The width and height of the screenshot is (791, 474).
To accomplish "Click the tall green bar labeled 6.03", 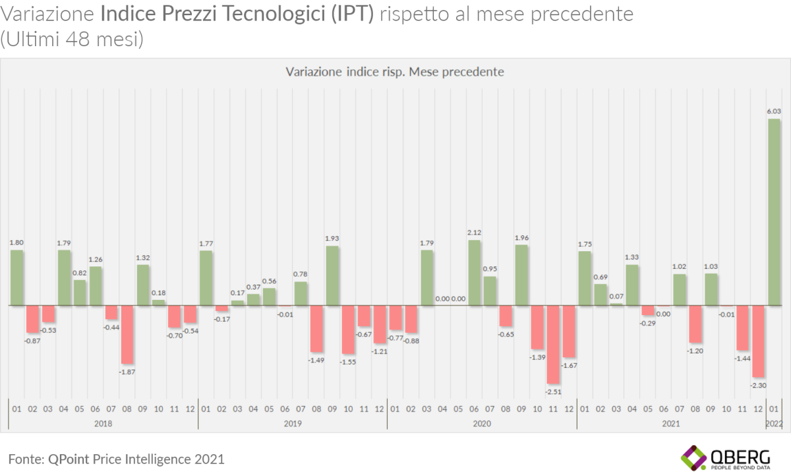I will tap(774, 211).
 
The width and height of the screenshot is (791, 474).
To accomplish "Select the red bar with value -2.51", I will tap(553, 344).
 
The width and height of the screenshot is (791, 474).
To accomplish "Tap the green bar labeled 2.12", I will tap(474, 272).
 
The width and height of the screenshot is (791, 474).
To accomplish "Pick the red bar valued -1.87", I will tap(127, 334).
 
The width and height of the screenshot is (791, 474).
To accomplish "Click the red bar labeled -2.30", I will tap(758, 341).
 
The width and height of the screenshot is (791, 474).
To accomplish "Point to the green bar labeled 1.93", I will tap(332, 276).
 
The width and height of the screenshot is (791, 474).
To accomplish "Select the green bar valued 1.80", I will tap(17, 278).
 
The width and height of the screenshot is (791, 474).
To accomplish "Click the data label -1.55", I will tap(347, 362).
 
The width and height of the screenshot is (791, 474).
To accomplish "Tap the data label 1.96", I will tap(521, 238).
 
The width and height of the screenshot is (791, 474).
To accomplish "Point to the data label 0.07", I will tap(616, 296).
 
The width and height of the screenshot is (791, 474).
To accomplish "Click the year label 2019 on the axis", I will tap(292, 424).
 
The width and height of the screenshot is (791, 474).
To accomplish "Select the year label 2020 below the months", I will tap(482, 424).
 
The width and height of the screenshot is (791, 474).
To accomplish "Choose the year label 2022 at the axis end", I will tap(774, 424).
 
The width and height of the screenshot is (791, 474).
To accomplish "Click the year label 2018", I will tap(103, 424).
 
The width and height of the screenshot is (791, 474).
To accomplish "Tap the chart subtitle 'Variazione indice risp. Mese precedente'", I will tap(395, 71).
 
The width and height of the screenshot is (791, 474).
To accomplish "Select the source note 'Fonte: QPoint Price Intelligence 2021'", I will tap(117, 458).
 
